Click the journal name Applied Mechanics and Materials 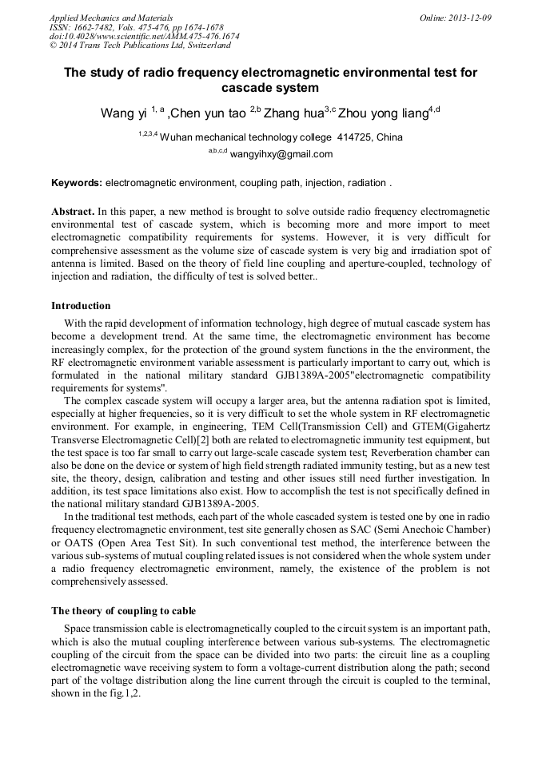[x=110, y=17]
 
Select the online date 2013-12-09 [x=466, y=17]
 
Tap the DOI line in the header [x=144, y=36]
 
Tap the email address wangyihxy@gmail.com [x=281, y=154]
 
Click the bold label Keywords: [x=77, y=183]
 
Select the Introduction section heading [x=81, y=306]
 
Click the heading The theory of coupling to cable [x=123, y=611]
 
